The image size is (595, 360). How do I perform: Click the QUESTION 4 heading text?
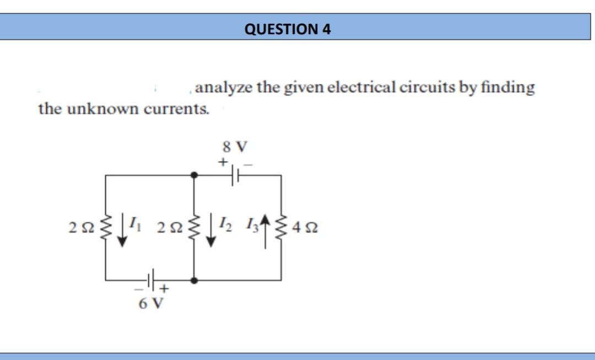coord(287,29)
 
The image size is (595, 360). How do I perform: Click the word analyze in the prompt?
coord(223,88)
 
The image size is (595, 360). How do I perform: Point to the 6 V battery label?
coord(150,303)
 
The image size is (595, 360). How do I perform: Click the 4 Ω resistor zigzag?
coord(283,227)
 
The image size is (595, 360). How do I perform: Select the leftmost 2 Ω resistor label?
coord(80,227)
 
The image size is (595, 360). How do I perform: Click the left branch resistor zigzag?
coord(106,227)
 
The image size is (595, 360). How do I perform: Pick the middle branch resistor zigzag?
coord(193,227)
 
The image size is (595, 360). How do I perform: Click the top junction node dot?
coord(193,175)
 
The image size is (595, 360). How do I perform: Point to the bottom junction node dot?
coord(193,280)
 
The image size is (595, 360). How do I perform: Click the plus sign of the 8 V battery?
coord(223,162)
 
